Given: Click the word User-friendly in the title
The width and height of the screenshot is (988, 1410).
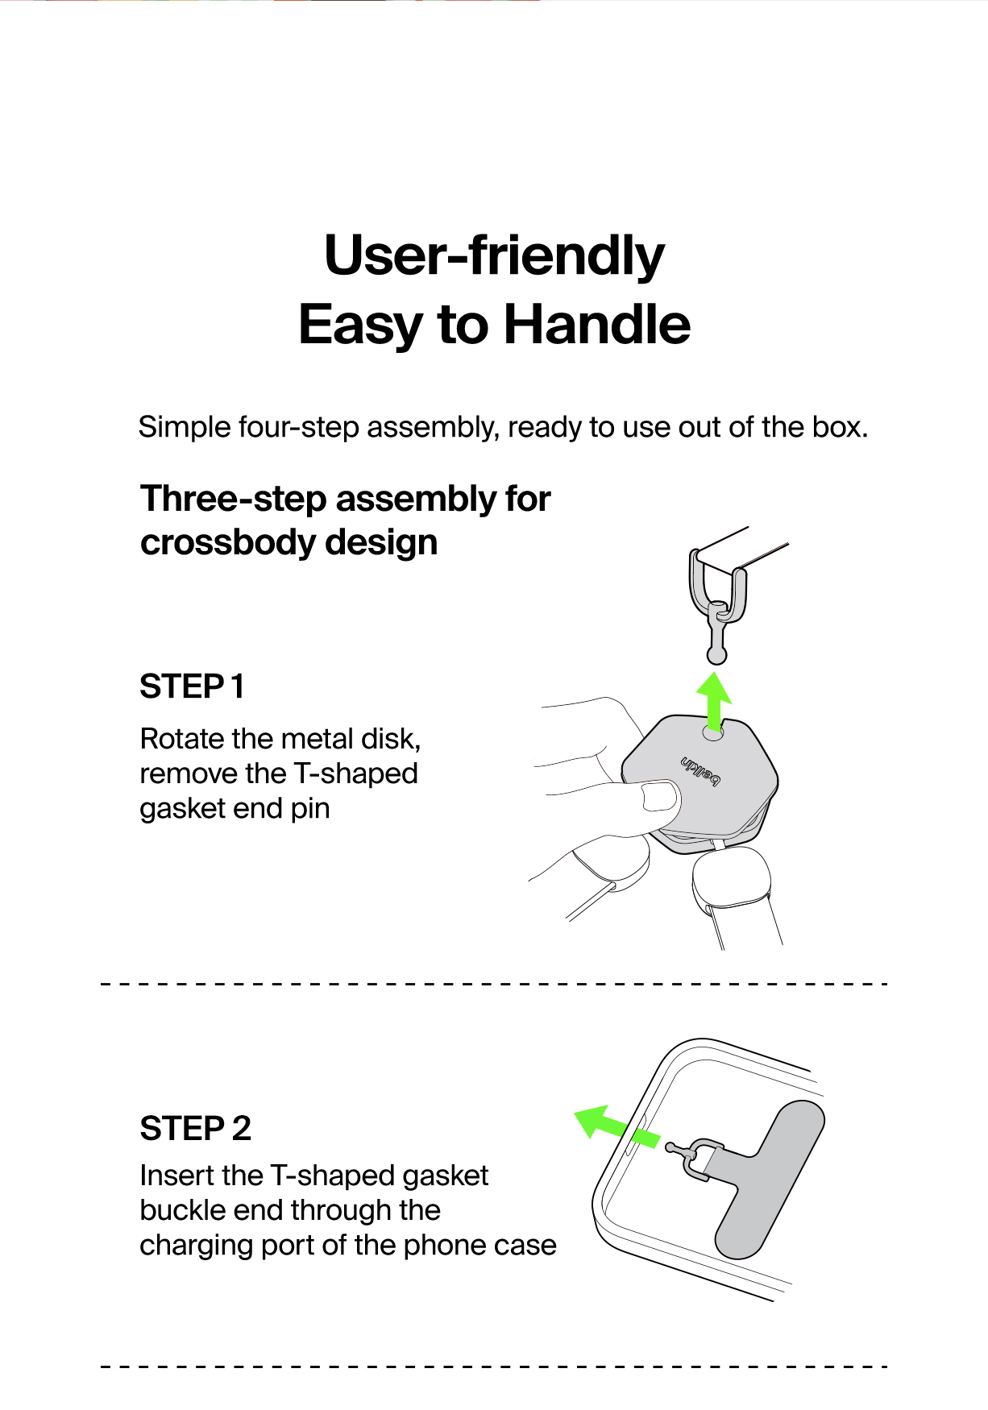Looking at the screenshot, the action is pos(494,256).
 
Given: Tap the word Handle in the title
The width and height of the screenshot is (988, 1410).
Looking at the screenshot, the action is pos(597,325).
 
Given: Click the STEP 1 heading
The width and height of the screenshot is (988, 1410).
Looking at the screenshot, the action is pos(192,686).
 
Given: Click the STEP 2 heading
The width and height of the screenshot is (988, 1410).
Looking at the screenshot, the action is pos(196,1128).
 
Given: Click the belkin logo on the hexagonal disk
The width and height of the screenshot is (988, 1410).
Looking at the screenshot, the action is pos(700,771).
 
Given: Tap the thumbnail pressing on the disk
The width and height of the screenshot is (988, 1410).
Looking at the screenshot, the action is pos(660,797).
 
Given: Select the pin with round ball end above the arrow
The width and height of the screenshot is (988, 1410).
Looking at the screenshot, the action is pos(716,637).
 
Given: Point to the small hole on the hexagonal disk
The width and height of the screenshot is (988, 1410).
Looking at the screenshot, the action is pos(713,734).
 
